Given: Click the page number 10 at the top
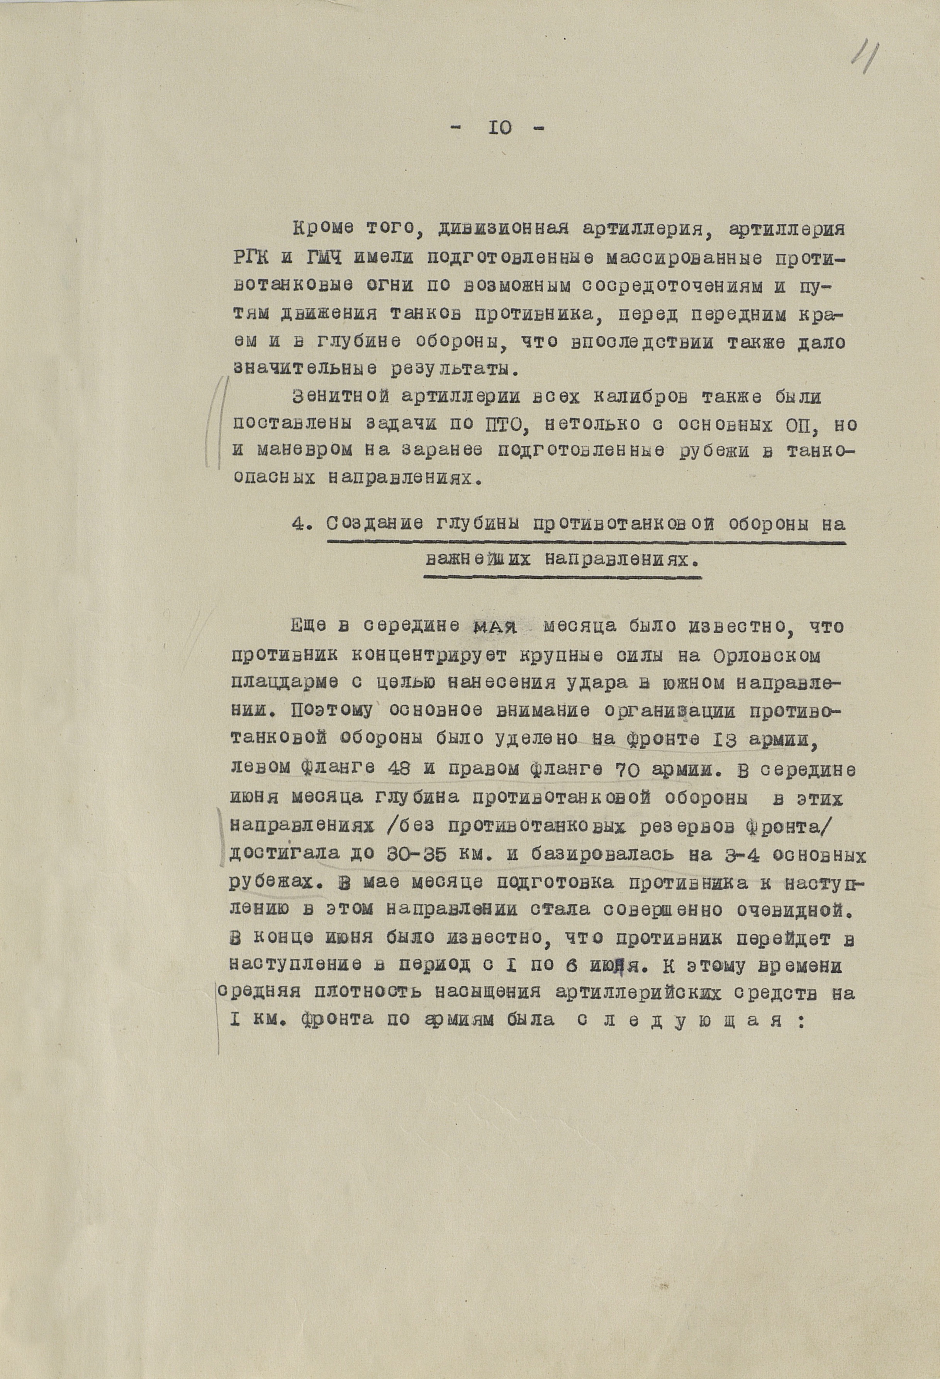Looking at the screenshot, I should (501, 128).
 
